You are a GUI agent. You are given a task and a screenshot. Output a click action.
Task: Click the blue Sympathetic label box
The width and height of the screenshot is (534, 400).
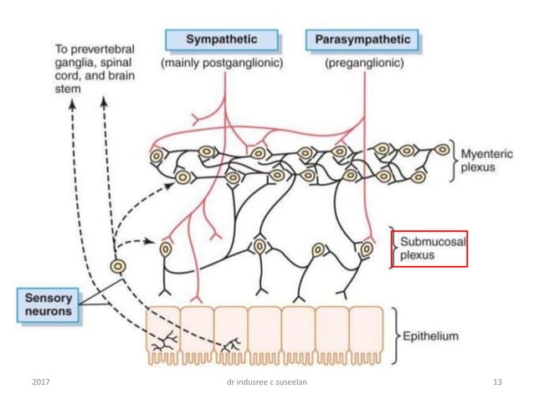[x=221, y=39]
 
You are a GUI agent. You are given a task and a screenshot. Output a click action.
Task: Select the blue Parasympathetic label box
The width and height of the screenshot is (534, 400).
[x=362, y=39]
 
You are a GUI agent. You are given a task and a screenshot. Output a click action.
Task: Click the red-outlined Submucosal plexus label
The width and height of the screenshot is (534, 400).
[x=429, y=248]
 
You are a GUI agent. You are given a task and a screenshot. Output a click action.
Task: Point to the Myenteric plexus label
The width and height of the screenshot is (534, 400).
[x=484, y=160]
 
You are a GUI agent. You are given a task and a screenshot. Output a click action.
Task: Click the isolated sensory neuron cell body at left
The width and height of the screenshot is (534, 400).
[x=117, y=266]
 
